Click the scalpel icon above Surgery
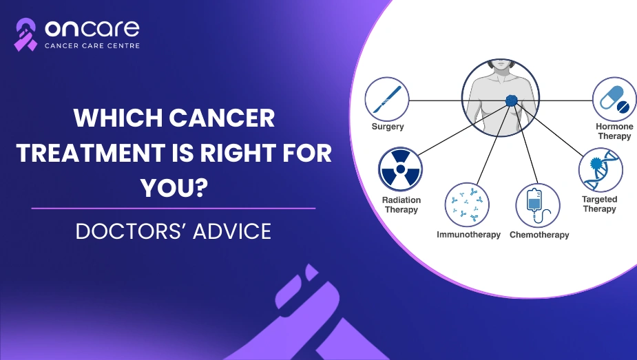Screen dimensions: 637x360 (x=387, y=99)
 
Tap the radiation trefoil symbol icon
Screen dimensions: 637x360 (x=400, y=169)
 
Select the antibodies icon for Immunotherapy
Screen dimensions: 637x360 (x=467, y=204)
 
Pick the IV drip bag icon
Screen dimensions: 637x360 (x=538, y=205)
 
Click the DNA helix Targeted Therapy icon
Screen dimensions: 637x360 (x=601, y=169)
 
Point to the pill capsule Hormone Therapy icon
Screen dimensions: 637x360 (x=614, y=99)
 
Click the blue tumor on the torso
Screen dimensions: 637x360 (x=512, y=100)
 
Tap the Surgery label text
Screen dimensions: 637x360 (x=388, y=127)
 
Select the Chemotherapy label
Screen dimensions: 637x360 (x=539, y=235)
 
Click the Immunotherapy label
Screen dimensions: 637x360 (x=468, y=235)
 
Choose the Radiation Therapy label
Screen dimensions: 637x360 (x=401, y=204)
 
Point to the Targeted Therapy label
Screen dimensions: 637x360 (x=600, y=204)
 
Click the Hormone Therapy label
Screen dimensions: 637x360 (x=615, y=131)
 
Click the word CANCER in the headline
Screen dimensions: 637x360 (x=222, y=118)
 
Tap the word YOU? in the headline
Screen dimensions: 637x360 (x=174, y=188)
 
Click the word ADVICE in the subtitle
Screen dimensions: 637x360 (x=231, y=231)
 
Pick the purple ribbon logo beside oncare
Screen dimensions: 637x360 (x=25, y=34)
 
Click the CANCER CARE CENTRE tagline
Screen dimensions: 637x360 (x=92, y=46)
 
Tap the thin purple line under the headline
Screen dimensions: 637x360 (x=174, y=209)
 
